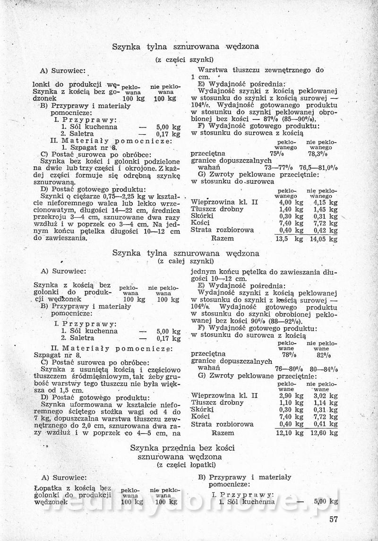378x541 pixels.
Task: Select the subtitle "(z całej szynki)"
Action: (185, 261)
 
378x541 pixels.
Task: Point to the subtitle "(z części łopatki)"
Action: (185, 465)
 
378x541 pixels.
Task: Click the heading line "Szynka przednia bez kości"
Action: (182, 447)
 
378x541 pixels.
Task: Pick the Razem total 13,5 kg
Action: (289, 239)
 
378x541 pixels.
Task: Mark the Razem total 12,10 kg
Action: (290, 433)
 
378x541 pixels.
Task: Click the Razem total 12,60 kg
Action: (324, 433)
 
